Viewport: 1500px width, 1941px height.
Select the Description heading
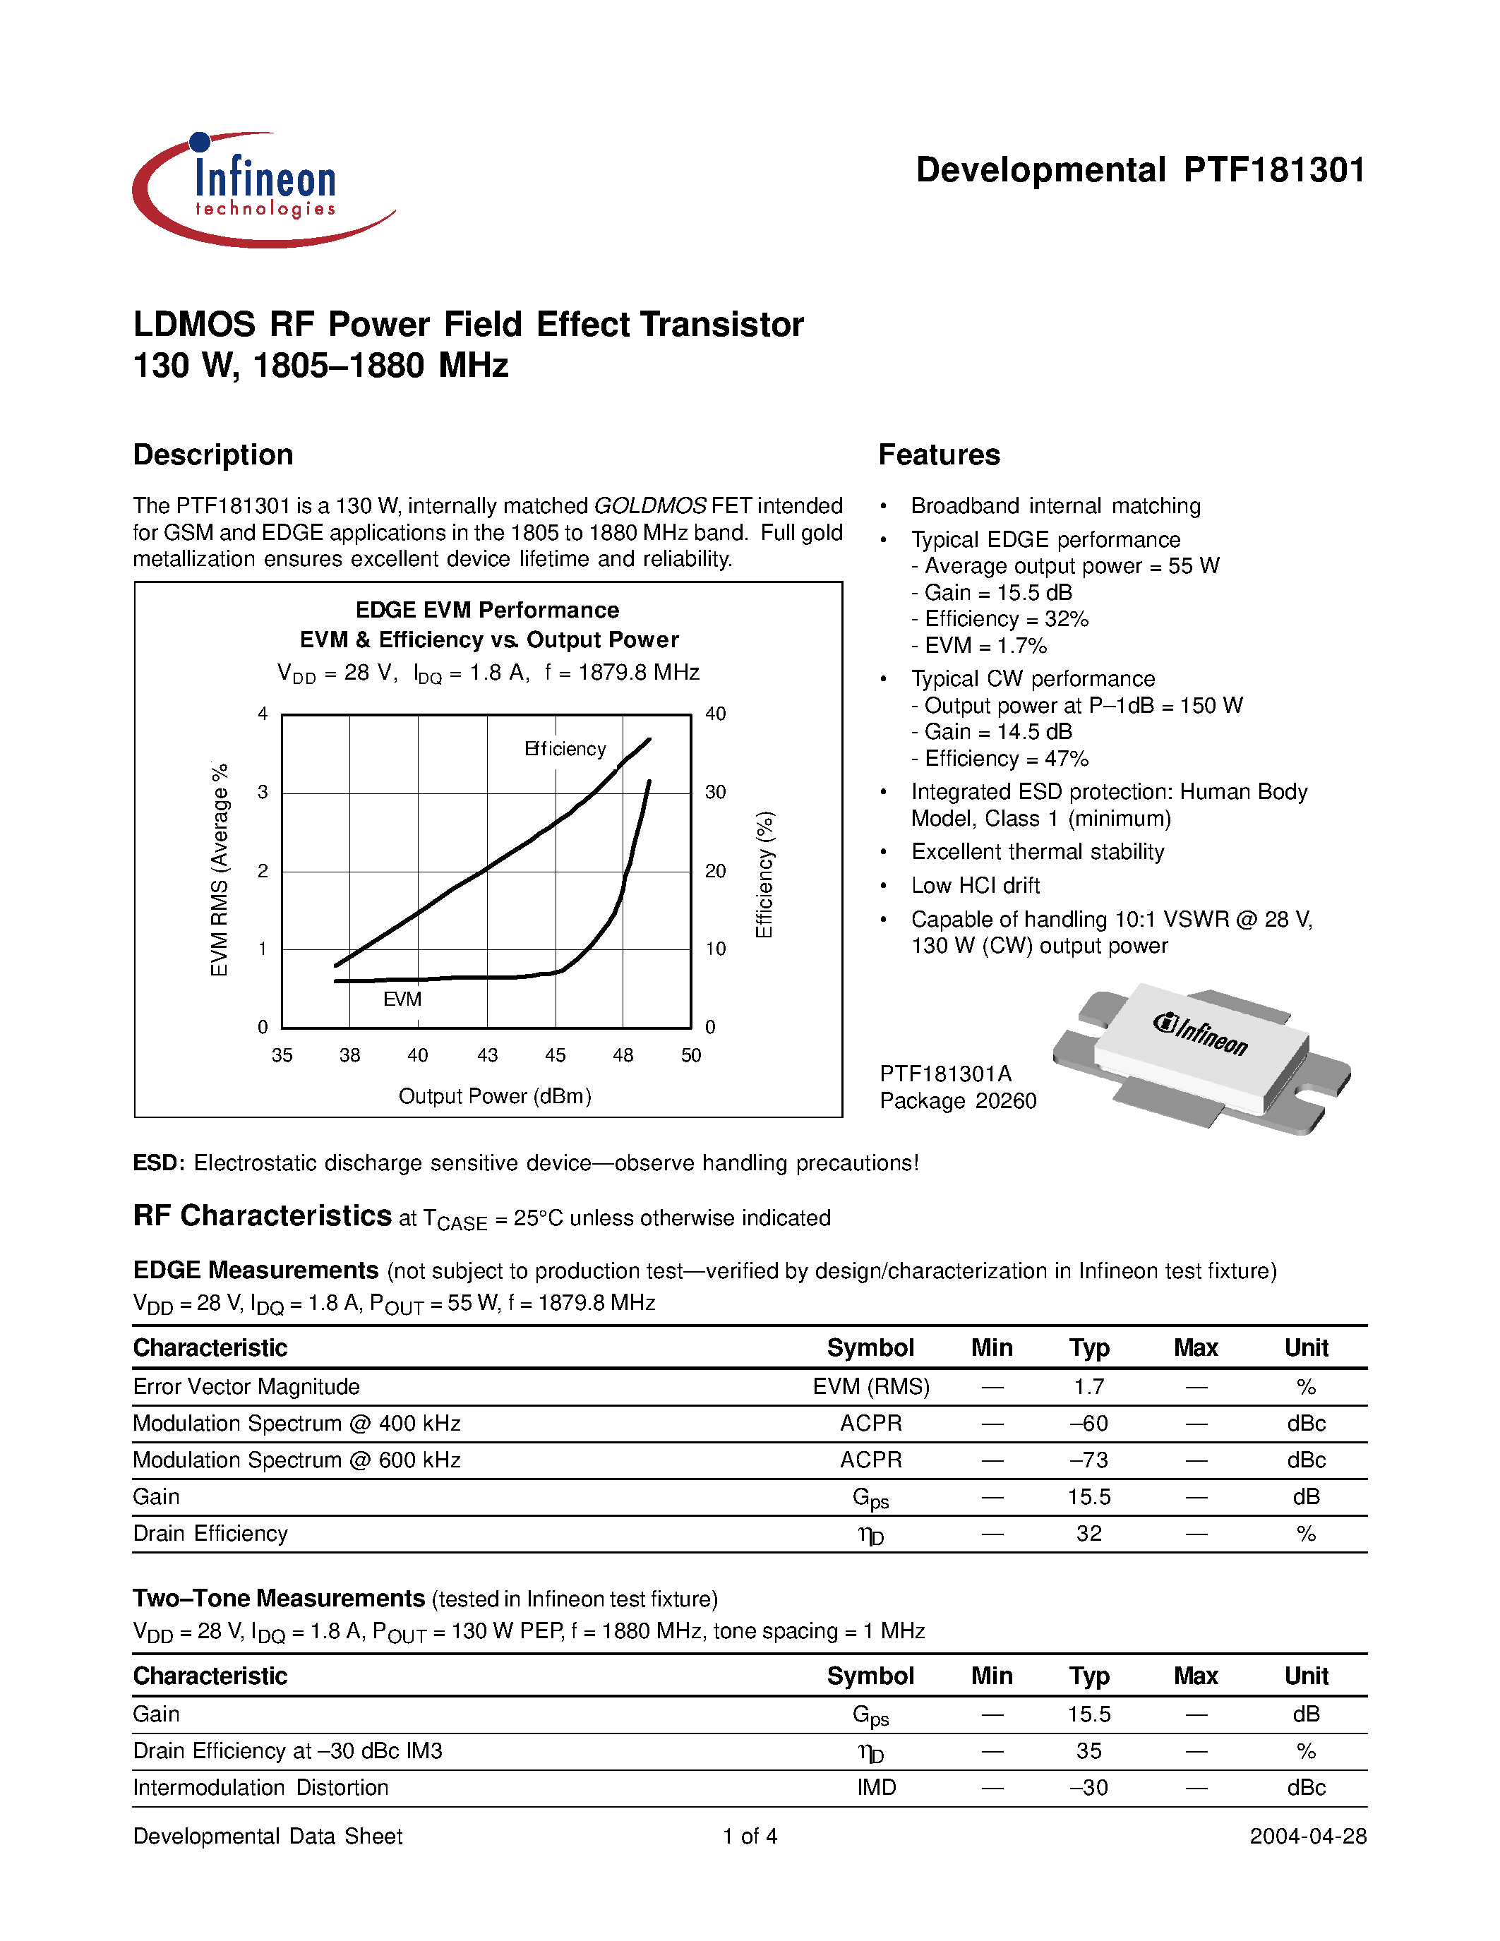[x=213, y=455]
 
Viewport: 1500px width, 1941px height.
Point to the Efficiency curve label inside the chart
[x=565, y=749]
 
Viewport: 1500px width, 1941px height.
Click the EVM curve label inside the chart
[x=402, y=999]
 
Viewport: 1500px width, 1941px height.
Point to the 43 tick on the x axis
[x=487, y=1056]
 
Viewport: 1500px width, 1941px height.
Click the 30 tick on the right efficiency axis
[x=715, y=792]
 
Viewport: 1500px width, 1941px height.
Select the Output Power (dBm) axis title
[x=495, y=1096]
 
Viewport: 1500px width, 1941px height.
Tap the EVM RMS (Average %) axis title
[x=220, y=869]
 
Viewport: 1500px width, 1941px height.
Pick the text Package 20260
[x=958, y=1101]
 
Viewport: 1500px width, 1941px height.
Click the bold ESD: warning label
[x=158, y=1163]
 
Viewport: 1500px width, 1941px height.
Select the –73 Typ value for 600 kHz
[x=1088, y=1460]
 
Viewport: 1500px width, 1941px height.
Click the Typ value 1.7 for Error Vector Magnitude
[x=1088, y=1388]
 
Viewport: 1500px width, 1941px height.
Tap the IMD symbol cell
[x=876, y=1787]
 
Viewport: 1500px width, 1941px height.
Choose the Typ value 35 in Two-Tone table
[x=1088, y=1751]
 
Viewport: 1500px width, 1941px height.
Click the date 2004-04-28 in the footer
[x=1308, y=1836]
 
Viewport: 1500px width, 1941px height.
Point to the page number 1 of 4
[x=750, y=1836]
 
